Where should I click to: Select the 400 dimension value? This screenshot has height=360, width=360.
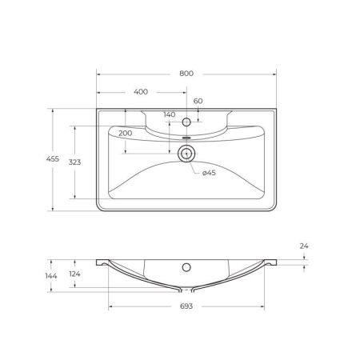coord(141,92)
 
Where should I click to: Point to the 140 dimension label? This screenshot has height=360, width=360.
coord(169,115)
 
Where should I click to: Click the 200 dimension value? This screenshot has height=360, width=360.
coord(125,133)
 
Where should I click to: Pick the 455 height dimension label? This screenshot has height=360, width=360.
coord(54,160)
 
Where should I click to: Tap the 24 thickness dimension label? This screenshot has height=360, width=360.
coord(304,246)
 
